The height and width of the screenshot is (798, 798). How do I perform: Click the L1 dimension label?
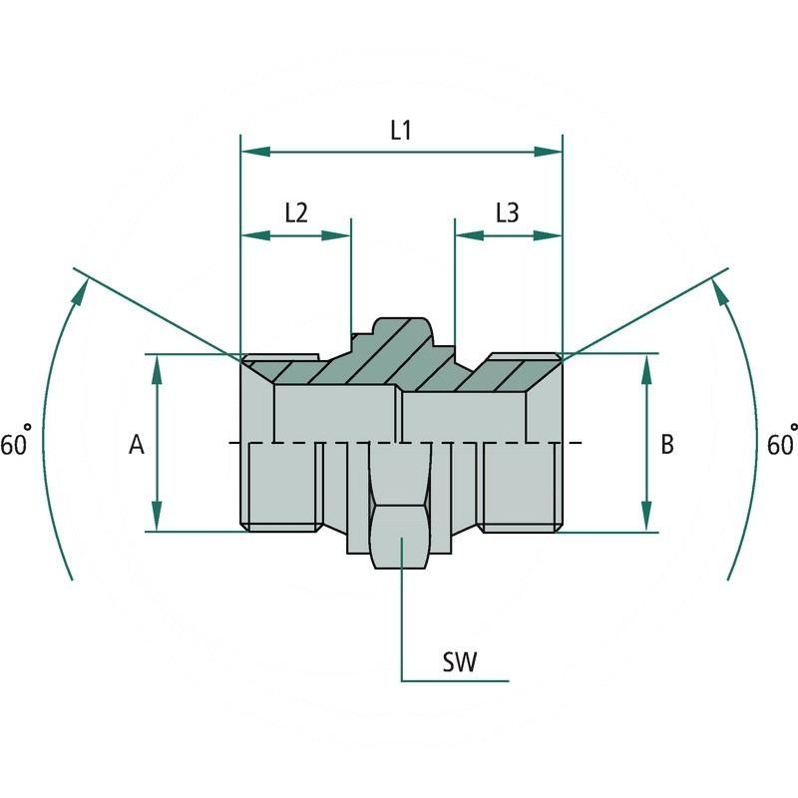[401, 130]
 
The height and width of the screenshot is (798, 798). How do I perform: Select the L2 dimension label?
[295, 212]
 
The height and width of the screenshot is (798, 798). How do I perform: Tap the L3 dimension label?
[507, 212]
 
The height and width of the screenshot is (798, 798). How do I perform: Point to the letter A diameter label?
[137, 445]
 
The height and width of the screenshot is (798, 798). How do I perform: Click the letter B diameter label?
[667, 445]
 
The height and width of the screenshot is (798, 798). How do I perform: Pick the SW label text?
[459, 662]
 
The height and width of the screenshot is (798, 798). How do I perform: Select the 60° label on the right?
[782, 444]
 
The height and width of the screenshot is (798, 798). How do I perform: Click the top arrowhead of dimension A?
[158, 368]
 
